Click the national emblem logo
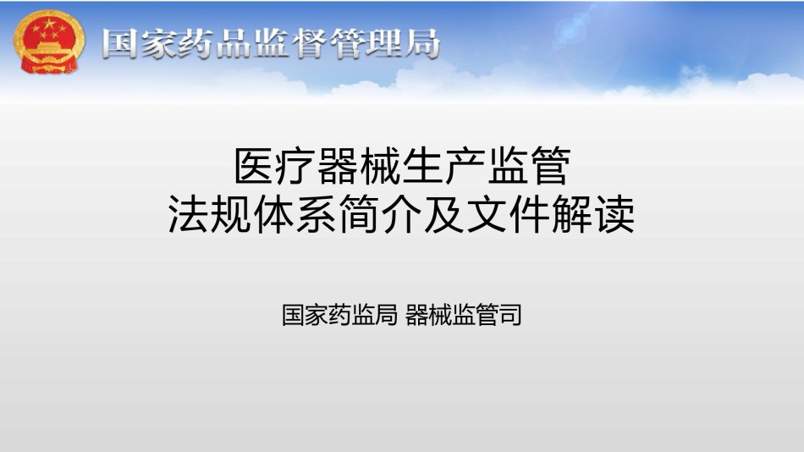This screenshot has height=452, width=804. [x=49, y=41]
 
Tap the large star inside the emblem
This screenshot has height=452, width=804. [x=49, y=24]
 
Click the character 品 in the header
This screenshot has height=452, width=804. [x=232, y=43]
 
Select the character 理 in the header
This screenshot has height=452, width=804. [x=384, y=43]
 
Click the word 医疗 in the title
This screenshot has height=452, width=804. [x=275, y=166]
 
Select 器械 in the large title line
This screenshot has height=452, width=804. [x=359, y=166]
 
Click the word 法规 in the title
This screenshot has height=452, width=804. [x=210, y=214]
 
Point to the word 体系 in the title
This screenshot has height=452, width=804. [x=295, y=214]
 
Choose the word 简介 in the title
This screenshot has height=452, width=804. [x=379, y=214]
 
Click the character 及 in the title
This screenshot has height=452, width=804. [x=443, y=214]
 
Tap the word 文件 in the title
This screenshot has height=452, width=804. [x=507, y=214]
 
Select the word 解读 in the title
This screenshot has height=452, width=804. [x=592, y=214]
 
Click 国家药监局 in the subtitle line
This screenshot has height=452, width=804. [x=339, y=315]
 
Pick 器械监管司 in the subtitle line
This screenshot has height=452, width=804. [x=464, y=315]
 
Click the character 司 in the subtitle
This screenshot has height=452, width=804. [x=510, y=315]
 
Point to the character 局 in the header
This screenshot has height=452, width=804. [x=422, y=43]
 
